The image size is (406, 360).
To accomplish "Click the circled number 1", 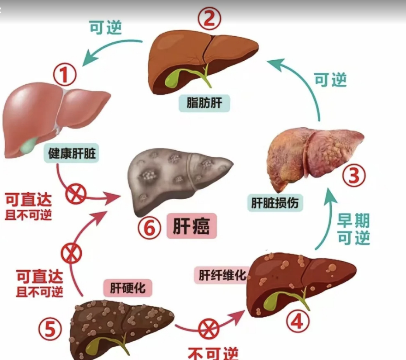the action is (65, 75).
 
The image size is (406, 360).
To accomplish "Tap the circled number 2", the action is (210, 18).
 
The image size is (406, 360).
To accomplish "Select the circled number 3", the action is (353, 176).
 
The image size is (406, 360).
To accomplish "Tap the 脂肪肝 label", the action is (205, 104).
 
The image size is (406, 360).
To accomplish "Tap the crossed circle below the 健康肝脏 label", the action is (76, 194).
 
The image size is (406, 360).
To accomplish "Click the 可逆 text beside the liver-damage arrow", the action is (330, 80).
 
